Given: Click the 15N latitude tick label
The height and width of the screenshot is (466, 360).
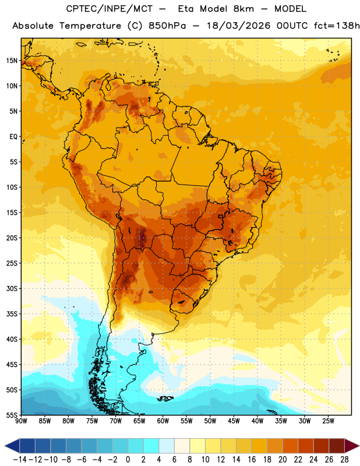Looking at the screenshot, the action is [x=12, y=61].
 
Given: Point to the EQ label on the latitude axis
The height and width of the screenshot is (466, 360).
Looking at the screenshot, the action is [x=13, y=137].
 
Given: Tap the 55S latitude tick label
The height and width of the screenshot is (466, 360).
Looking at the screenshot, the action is [x=12, y=415].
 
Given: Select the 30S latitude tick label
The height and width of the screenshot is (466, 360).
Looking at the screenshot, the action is [x=12, y=288].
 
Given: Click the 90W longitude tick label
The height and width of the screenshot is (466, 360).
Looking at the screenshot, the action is [x=21, y=421].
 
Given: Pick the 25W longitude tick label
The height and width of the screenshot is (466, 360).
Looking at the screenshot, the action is [x=328, y=421].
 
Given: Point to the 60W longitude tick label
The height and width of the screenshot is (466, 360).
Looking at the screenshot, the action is [x=163, y=421].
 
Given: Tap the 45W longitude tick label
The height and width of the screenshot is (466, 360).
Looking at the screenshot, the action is [x=234, y=421].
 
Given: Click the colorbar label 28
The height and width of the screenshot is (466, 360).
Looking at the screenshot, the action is [x=344, y=460].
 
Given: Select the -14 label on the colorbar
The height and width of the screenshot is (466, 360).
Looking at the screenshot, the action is [x=20, y=460].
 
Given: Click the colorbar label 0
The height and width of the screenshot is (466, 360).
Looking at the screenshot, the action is [x=128, y=460].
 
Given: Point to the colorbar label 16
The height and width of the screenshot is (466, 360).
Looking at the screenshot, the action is [x=252, y=460].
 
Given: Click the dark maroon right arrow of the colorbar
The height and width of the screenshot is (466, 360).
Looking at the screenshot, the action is [x=351, y=446].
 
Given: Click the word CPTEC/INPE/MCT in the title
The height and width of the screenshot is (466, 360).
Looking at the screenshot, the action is [x=110, y=9].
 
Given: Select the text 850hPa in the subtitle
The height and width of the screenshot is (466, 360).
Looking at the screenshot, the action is [x=167, y=26].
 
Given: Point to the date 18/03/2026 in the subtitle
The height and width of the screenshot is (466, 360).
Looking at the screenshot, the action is [x=238, y=26].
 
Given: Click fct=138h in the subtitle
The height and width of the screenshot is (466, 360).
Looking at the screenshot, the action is [x=337, y=26].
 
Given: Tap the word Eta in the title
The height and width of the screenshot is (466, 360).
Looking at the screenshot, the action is [x=186, y=9].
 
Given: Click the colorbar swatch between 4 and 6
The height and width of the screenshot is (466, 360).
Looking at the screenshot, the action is [x=167, y=446].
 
